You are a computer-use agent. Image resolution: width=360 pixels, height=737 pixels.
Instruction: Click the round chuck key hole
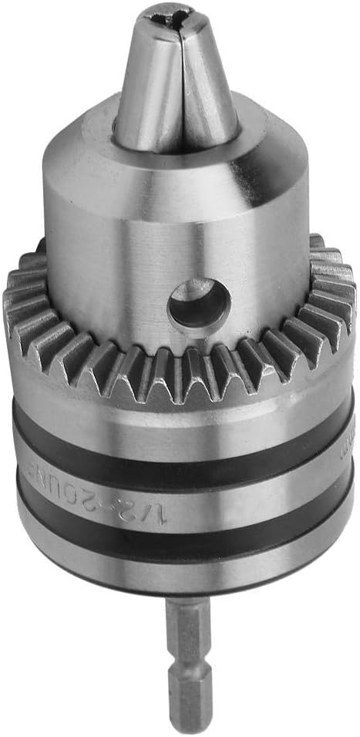click(199, 302)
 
